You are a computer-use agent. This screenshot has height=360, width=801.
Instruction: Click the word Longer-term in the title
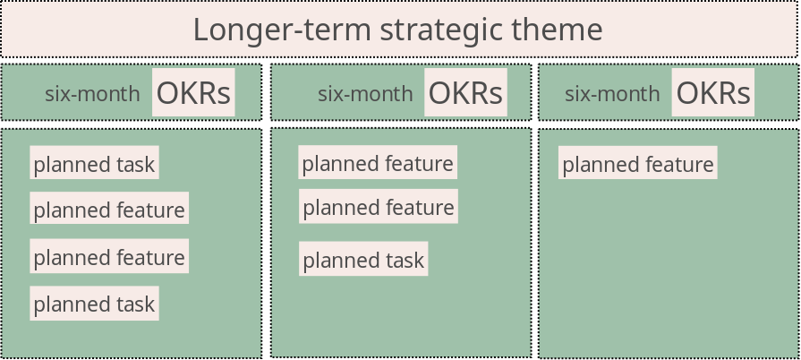click(x=282, y=30)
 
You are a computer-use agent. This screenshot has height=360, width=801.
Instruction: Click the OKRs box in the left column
click(x=193, y=92)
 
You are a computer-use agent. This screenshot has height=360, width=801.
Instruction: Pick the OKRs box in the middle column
click(x=465, y=92)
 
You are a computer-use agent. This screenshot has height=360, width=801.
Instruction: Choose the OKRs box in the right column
click(x=713, y=92)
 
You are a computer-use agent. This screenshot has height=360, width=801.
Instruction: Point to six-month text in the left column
click(x=92, y=94)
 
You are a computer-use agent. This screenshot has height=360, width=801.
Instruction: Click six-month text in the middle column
click(x=365, y=94)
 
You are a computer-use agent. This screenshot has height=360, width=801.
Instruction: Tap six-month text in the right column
click(x=612, y=94)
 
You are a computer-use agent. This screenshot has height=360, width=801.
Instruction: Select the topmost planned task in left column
click(x=95, y=163)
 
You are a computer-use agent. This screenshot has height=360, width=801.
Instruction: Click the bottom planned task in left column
click(x=95, y=304)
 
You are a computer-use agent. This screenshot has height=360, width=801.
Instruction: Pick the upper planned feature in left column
click(x=109, y=208)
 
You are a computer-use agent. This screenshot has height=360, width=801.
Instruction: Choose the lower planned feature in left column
click(x=109, y=256)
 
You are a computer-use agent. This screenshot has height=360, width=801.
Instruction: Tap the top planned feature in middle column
click(x=378, y=162)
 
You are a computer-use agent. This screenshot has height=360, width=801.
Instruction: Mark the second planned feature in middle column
click(x=379, y=206)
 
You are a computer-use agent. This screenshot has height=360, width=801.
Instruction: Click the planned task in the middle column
click(x=363, y=259)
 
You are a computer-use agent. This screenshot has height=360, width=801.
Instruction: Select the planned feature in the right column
click(x=638, y=163)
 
